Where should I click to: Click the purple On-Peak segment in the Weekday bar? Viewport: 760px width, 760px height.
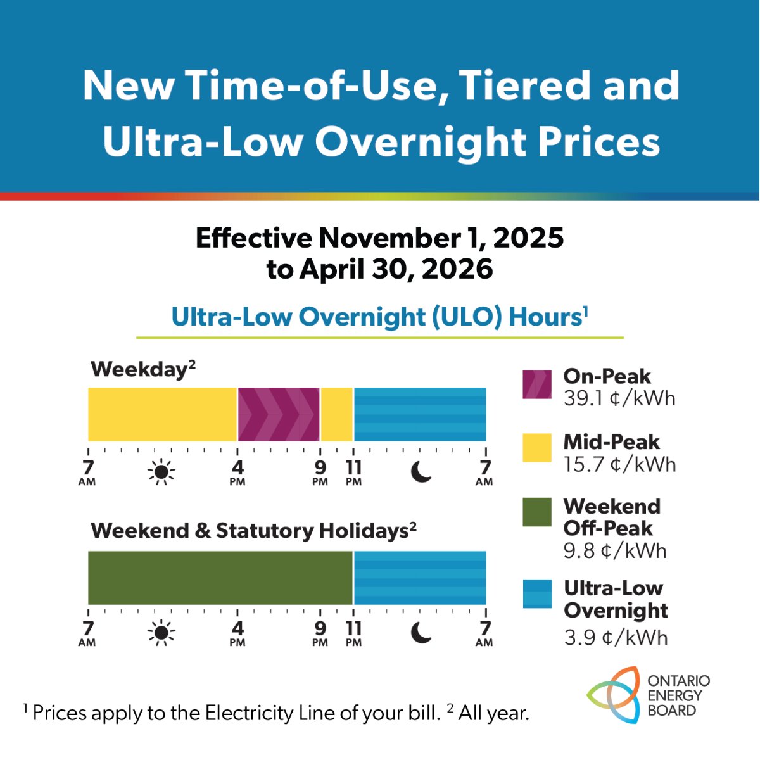(x=279, y=414)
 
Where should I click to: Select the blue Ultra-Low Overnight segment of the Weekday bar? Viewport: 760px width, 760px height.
(x=420, y=414)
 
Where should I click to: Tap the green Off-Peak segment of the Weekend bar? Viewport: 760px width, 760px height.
(x=220, y=578)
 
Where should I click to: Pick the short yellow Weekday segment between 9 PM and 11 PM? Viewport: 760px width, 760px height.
(x=337, y=414)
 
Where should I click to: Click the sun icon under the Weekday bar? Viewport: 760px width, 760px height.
(x=161, y=471)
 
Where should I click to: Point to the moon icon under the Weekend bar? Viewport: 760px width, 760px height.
(x=421, y=632)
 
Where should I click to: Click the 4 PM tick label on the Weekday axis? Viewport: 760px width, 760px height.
(x=237, y=472)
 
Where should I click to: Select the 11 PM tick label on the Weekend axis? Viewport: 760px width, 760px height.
(x=353, y=633)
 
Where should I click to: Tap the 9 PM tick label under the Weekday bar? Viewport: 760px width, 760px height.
(x=320, y=472)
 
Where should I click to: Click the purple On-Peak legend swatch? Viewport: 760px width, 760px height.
(x=536, y=384)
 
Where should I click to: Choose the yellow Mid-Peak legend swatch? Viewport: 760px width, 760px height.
(x=536, y=448)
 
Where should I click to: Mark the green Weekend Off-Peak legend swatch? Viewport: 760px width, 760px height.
(x=536, y=512)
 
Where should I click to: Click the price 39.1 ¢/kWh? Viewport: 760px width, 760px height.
(x=619, y=398)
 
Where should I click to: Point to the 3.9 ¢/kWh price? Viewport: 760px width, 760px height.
(x=616, y=636)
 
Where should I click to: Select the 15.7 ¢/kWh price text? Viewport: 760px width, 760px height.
(x=619, y=464)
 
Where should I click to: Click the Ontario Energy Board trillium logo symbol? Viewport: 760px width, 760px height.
(x=612, y=695)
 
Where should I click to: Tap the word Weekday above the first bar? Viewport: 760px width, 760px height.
(x=139, y=369)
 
